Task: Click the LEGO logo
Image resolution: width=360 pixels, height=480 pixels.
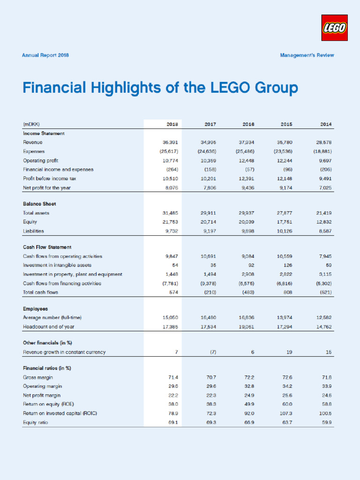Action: pyautogui.click(x=334, y=27)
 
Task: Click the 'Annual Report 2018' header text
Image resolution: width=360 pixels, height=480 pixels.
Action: pyautogui.click(x=45, y=55)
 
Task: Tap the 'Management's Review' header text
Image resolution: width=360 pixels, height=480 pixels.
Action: pyautogui.click(x=307, y=55)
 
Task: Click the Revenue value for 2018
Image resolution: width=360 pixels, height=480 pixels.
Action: pyautogui.click(x=169, y=142)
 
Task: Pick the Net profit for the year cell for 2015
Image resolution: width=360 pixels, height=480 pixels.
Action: pyautogui.click(x=286, y=188)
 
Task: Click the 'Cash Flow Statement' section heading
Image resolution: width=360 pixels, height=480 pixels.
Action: pyautogui.click(x=47, y=247)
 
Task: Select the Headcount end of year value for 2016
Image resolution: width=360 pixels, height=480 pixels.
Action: pyautogui.click(x=247, y=327)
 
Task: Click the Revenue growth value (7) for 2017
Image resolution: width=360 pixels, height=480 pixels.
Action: pyautogui.click(x=212, y=352)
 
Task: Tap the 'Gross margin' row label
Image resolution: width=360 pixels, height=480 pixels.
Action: pyautogui.click(x=38, y=377)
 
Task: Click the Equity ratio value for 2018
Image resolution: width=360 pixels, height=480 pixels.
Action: pyautogui.click(x=172, y=423)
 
